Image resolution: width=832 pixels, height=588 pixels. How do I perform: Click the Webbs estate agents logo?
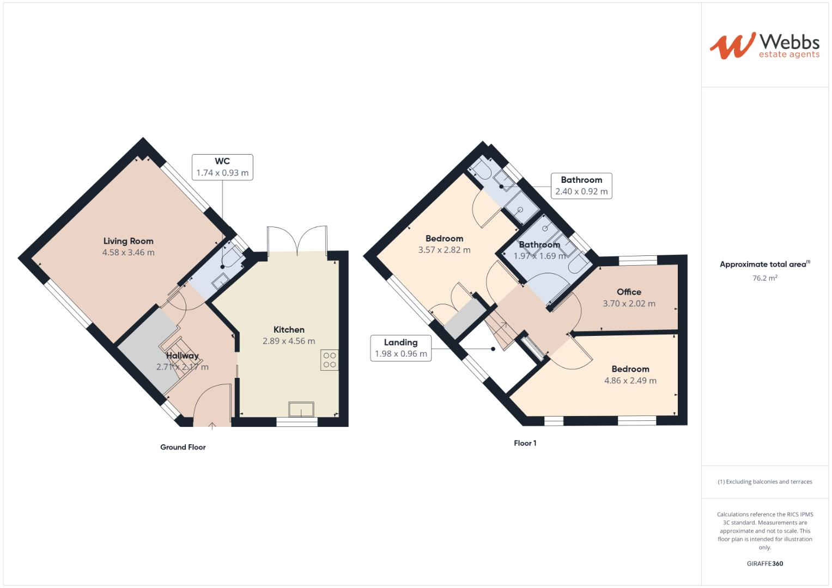pyautogui.click(x=764, y=46)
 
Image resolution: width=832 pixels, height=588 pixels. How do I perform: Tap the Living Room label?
pyautogui.click(x=129, y=241)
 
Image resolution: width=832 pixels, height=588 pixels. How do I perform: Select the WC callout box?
pyautogui.click(x=222, y=167)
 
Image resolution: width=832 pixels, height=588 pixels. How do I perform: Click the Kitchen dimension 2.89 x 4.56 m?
pyautogui.click(x=289, y=341)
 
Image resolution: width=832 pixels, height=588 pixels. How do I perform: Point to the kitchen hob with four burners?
pyautogui.click(x=330, y=360)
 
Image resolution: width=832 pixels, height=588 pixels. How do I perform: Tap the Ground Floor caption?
pyautogui.click(x=183, y=448)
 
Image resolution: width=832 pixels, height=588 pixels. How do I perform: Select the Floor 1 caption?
pyautogui.click(x=525, y=443)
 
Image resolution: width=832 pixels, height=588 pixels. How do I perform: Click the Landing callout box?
pyautogui.click(x=401, y=348)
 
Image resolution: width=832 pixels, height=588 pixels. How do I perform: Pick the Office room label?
pyautogui.click(x=629, y=292)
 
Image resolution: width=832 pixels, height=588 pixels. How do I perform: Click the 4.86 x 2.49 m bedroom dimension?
pyautogui.click(x=630, y=381)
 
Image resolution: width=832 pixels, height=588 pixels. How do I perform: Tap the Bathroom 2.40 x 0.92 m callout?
pyautogui.click(x=581, y=186)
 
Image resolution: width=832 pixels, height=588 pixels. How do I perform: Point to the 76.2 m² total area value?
pyautogui.click(x=765, y=278)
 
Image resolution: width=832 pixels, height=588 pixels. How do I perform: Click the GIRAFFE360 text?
pyautogui.click(x=765, y=563)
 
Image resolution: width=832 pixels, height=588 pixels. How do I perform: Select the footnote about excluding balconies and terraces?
pyautogui.click(x=765, y=482)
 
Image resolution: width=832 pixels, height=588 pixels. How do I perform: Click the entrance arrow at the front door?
pyautogui.click(x=211, y=425)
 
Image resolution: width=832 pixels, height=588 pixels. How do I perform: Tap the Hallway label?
pyautogui.click(x=183, y=356)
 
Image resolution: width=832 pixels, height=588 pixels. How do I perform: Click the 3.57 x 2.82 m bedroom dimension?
pyautogui.click(x=445, y=250)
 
